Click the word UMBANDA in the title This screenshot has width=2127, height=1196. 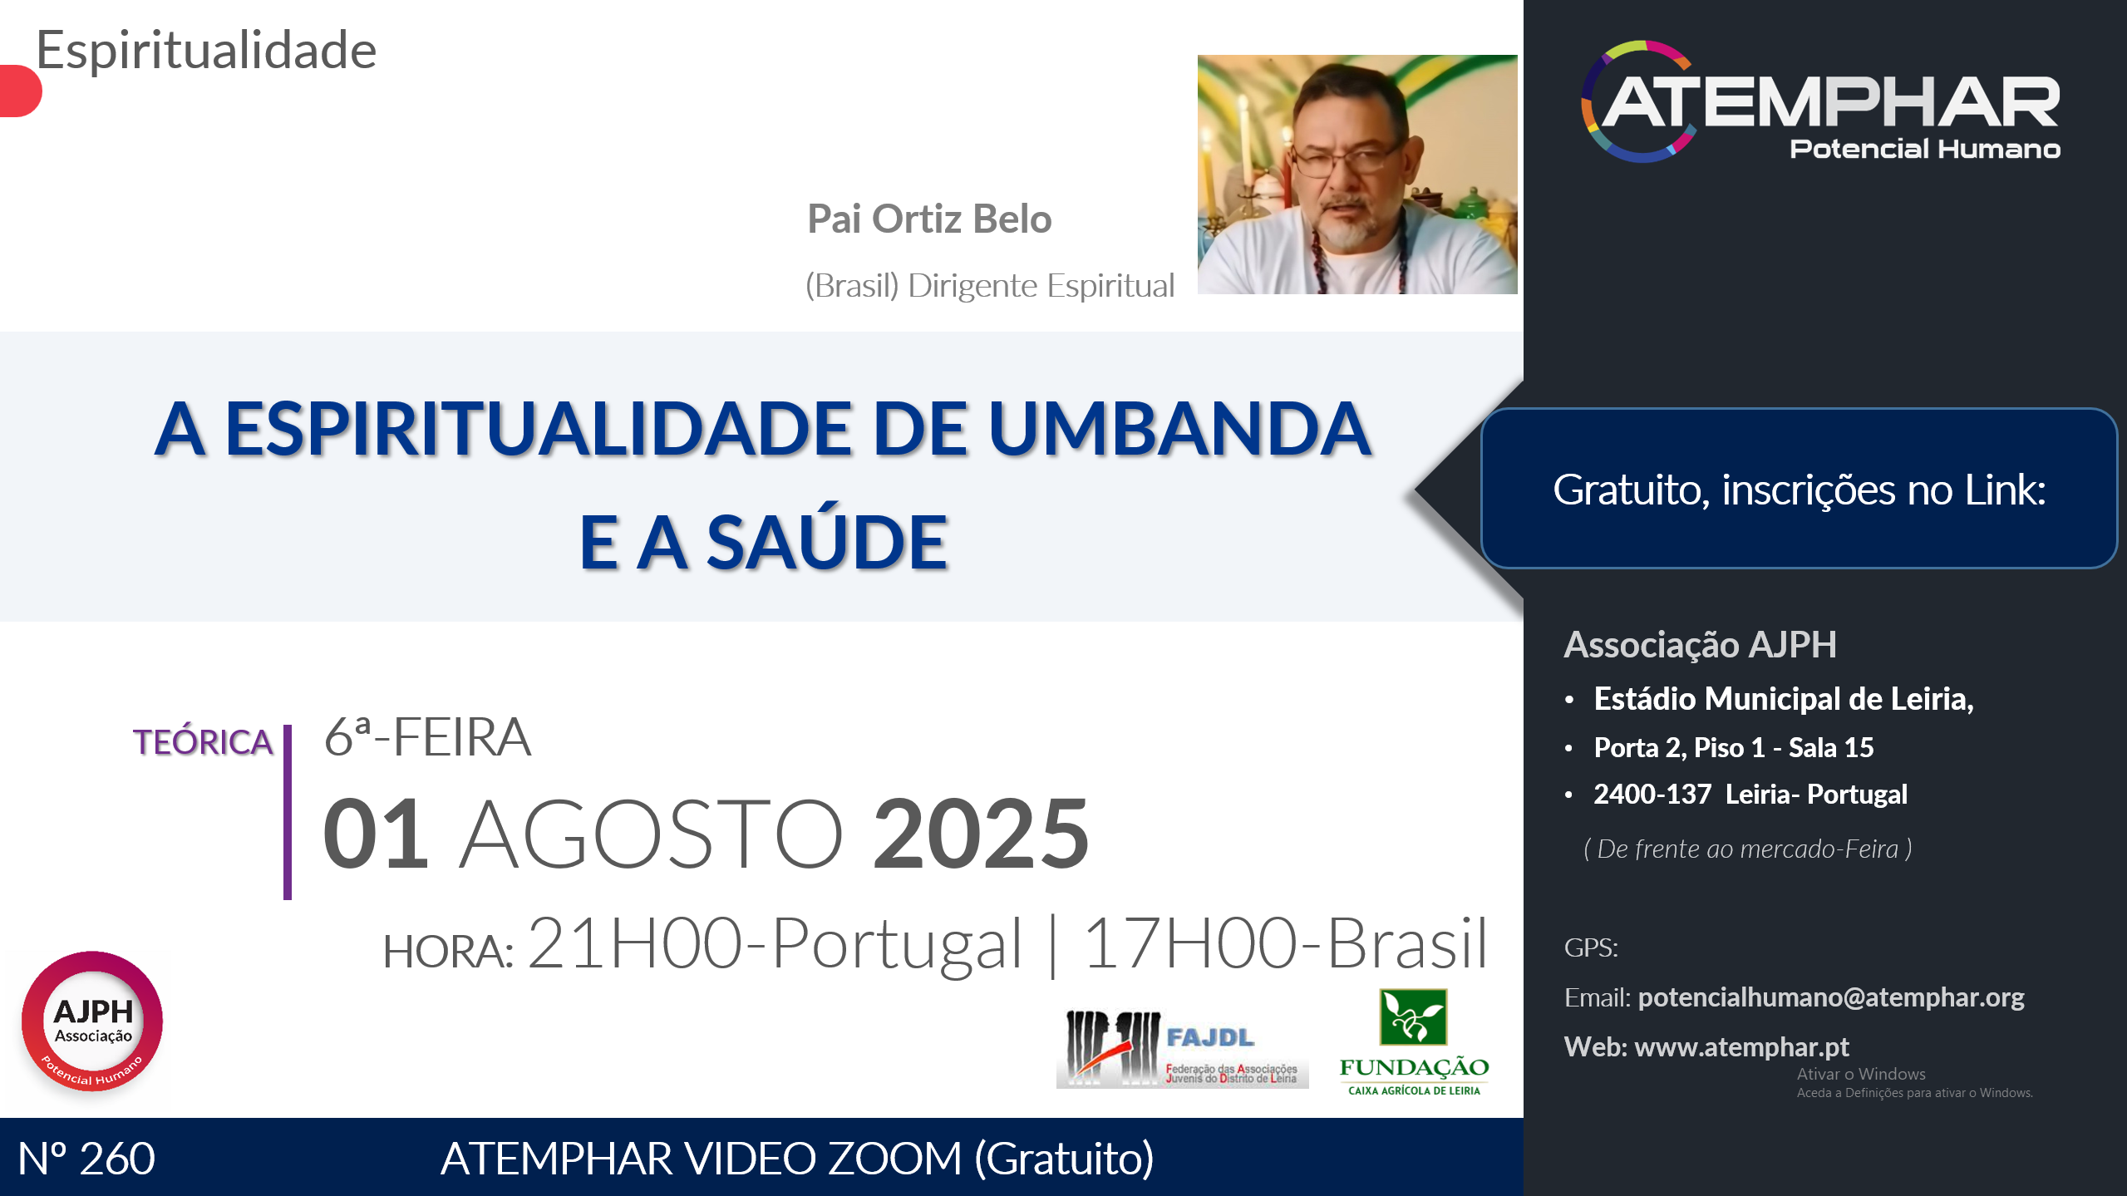1179,429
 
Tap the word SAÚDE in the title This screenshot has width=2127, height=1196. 827,542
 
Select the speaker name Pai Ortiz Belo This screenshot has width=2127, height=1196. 929,219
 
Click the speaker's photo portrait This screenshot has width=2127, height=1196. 1357,175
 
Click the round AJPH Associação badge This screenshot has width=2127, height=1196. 92,1021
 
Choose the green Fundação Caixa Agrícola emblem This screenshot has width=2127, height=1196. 1413,1016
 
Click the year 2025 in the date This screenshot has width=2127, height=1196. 981,834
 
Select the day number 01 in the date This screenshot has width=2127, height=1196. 376,834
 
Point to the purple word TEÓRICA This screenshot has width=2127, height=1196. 203,742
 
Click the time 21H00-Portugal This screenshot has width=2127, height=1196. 775,943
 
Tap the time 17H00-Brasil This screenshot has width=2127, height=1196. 1286,943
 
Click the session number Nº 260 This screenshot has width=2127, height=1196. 86,1159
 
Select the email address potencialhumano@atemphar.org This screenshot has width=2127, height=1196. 1831,997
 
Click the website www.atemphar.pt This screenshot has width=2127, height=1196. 1742,1047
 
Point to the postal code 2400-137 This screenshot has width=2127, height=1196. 1652,795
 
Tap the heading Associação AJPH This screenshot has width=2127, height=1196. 1701,645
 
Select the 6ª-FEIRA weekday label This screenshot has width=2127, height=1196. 427,737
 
